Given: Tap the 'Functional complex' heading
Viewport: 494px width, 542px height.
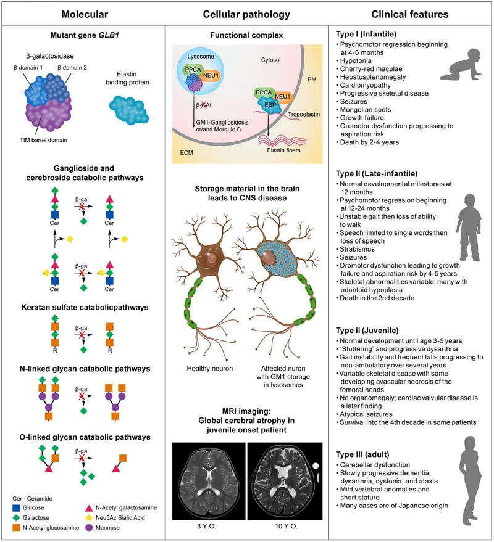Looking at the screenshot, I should coord(247,35).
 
